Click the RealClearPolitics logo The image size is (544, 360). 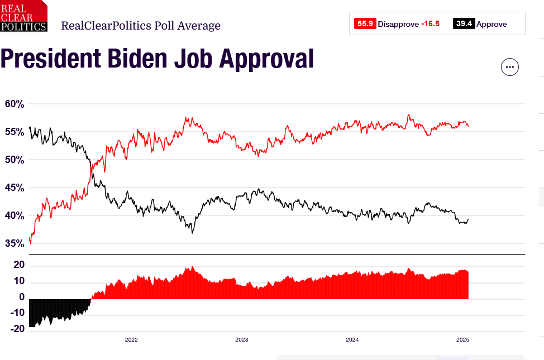(x=23, y=16)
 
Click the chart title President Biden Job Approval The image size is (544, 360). (x=157, y=59)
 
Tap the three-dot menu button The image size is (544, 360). (x=509, y=67)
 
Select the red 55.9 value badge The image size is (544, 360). (x=365, y=24)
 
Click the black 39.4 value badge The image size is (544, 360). (x=464, y=24)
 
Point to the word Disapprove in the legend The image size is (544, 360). (x=398, y=24)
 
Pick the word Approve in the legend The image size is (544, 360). (x=491, y=24)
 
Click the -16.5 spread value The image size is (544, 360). (x=430, y=24)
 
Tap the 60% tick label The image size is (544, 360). (x=15, y=104)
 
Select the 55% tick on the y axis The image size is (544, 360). (x=15, y=132)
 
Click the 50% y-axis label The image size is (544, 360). (x=15, y=160)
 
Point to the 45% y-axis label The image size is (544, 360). (x=15, y=188)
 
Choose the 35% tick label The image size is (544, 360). (x=15, y=243)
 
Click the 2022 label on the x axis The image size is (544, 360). (x=131, y=339)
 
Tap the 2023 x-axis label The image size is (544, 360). (x=242, y=339)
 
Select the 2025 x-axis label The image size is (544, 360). (x=462, y=339)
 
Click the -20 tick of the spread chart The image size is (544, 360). (x=18, y=329)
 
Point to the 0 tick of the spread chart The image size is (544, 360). (x=22, y=297)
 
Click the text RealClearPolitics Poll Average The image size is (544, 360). (x=140, y=26)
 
